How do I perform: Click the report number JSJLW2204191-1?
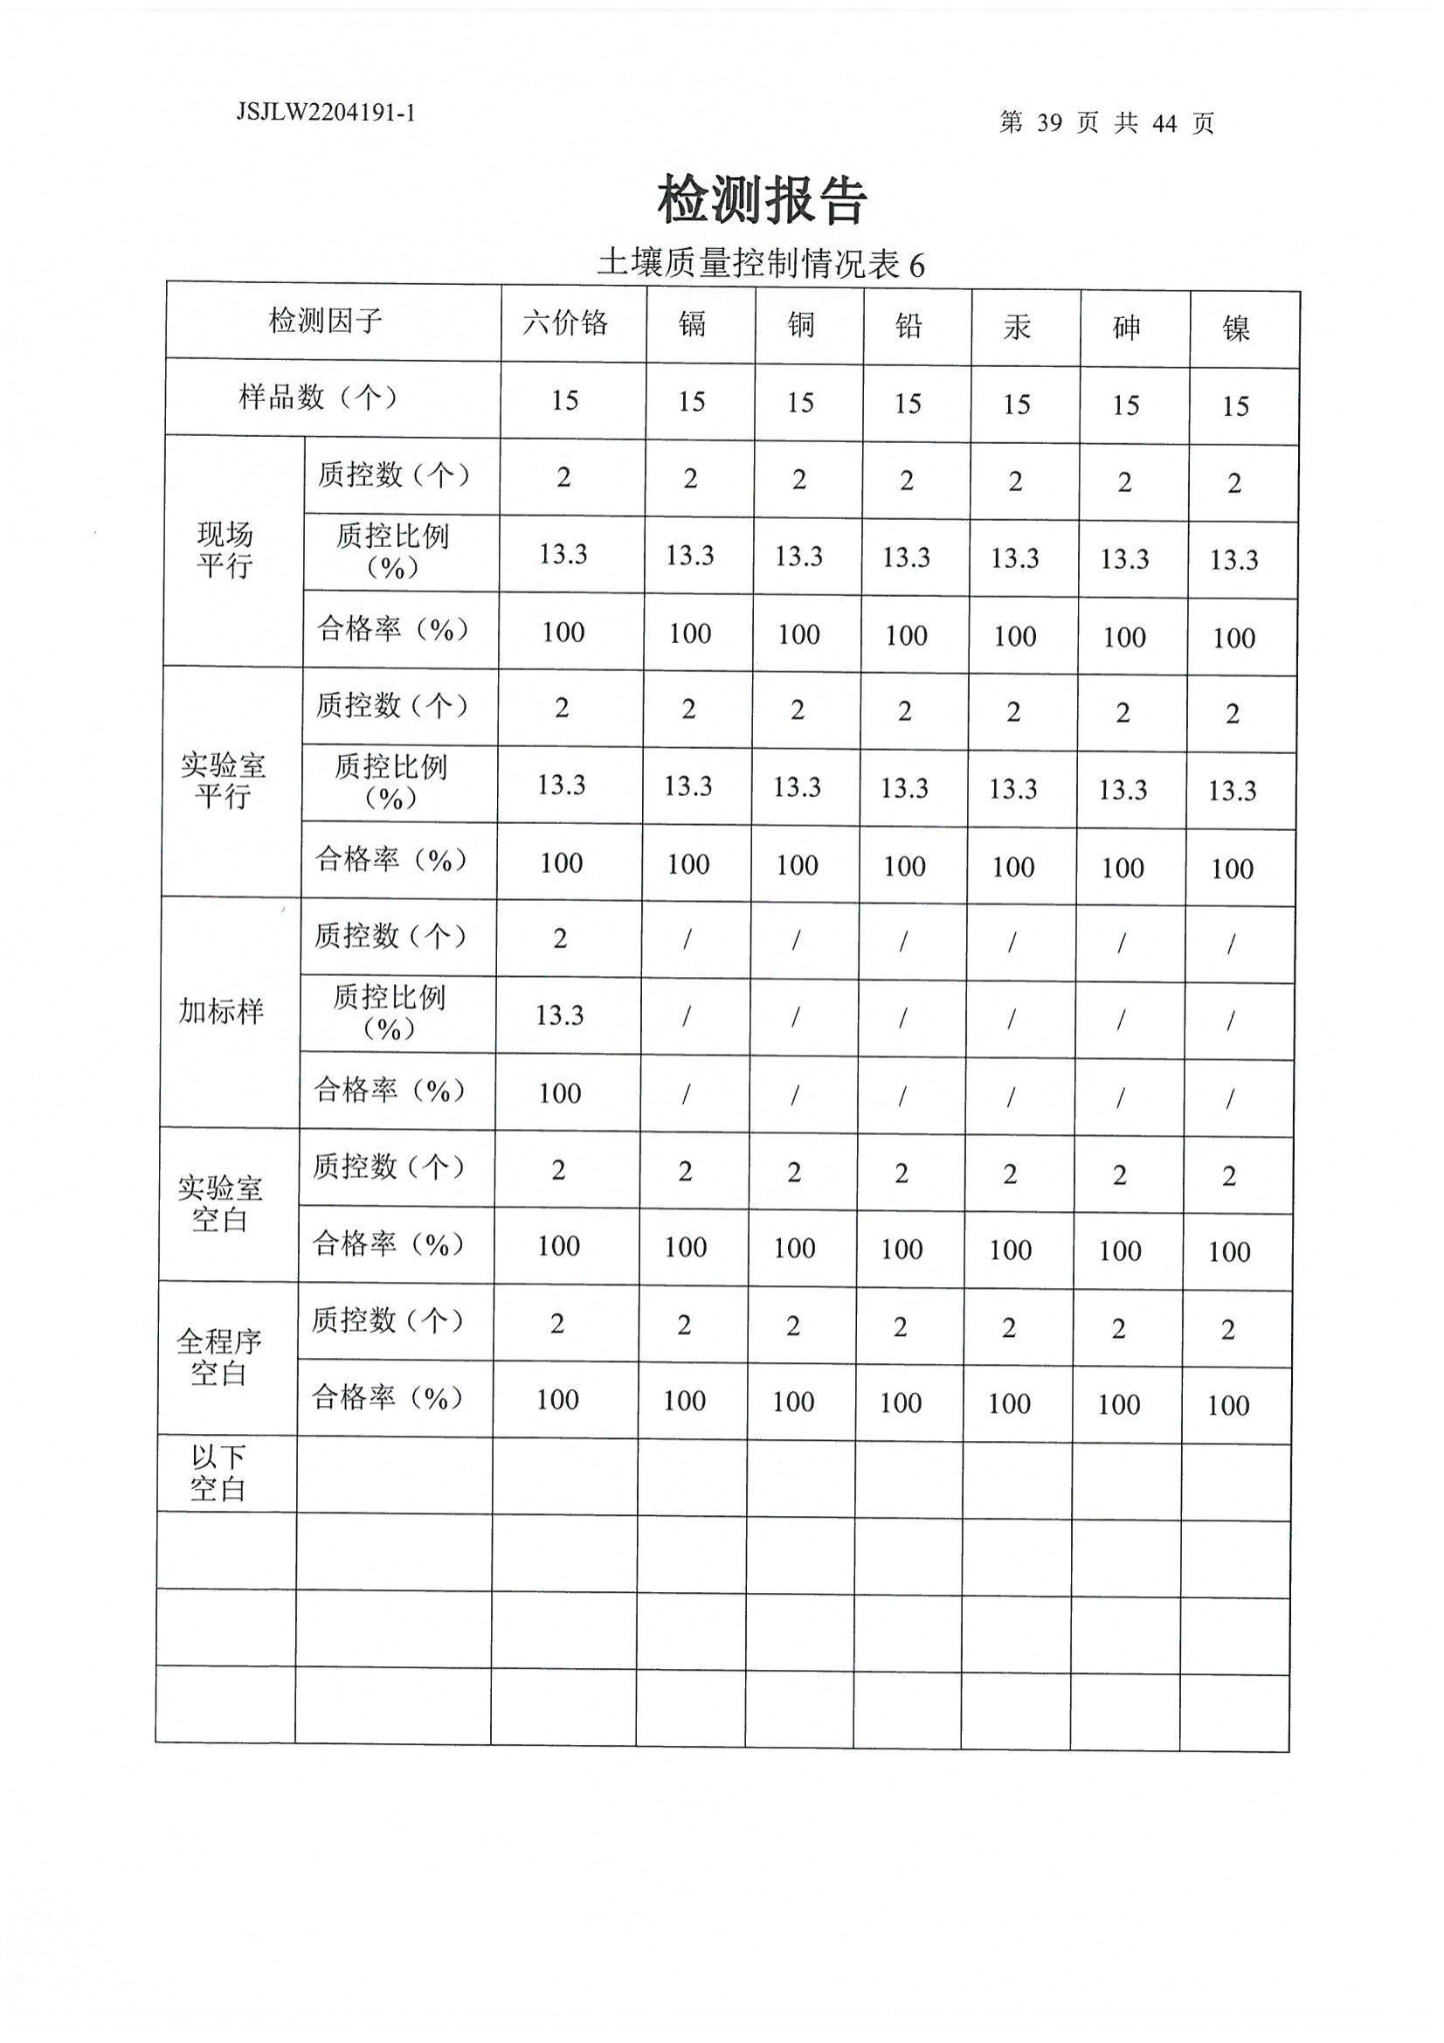(x=326, y=113)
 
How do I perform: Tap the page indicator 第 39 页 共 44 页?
(x=1106, y=123)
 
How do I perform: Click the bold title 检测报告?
(x=763, y=199)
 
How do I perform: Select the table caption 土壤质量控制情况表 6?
(x=761, y=263)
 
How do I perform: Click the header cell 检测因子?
(x=326, y=321)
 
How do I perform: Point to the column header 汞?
(x=1017, y=327)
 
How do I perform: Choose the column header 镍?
(x=1236, y=329)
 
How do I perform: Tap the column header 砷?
(x=1126, y=328)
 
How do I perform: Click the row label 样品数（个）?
(x=318, y=397)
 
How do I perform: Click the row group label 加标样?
(x=222, y=1011)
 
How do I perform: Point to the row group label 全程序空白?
(x=219, y=1357)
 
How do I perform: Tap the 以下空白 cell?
(x=218, y=1472)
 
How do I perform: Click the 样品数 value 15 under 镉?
(x=691, y=401)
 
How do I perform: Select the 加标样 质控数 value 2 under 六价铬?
(x=560, y=938)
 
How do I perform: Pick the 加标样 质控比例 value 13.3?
(x=560, y=1015)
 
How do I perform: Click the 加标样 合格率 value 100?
(x=560, y=1092)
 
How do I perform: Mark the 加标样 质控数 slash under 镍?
(x=1231, y=945)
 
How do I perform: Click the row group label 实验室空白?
(x=220, y=1203)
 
